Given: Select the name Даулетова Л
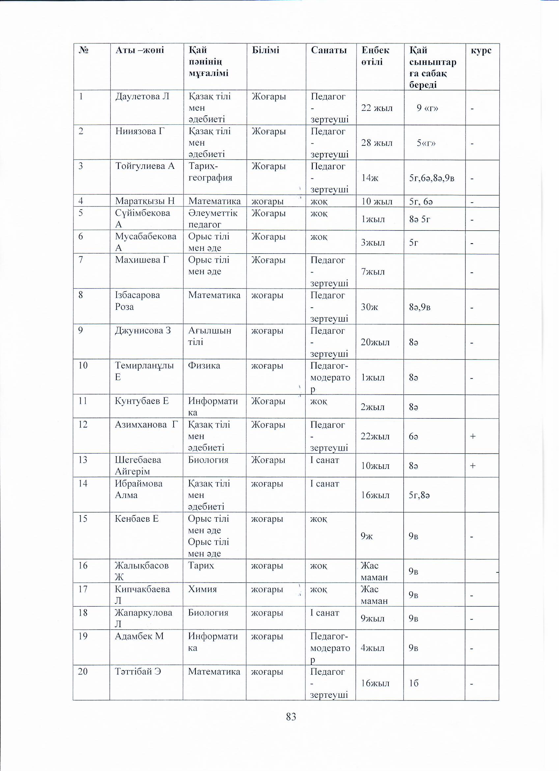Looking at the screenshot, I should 142,97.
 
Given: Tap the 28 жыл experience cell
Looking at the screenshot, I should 377,143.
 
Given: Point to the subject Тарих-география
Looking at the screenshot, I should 210,172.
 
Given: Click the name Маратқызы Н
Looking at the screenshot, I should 145,201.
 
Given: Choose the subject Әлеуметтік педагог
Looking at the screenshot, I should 213,219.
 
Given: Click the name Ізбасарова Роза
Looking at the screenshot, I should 137,301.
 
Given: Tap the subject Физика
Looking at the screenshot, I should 204,366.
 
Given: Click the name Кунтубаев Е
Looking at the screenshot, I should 142,401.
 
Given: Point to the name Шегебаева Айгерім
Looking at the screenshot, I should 138,465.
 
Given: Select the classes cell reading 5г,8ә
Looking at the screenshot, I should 420,495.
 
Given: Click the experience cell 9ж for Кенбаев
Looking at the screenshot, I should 367,536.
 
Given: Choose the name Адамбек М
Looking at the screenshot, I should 139,636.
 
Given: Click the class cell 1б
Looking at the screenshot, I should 414,683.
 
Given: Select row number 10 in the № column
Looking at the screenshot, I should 83,366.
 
